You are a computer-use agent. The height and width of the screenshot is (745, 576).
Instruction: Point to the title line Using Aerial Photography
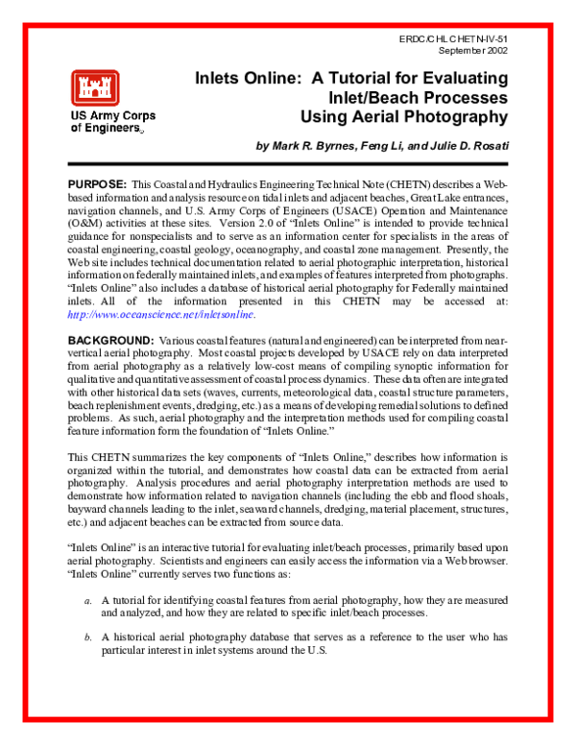click(404, 117)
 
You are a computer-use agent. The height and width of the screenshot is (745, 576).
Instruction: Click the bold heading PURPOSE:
click(97, 182)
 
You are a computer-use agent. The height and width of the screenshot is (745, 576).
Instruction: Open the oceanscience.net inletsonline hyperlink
click(161, 313)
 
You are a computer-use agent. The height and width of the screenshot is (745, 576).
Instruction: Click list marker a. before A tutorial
click(87, 596)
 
